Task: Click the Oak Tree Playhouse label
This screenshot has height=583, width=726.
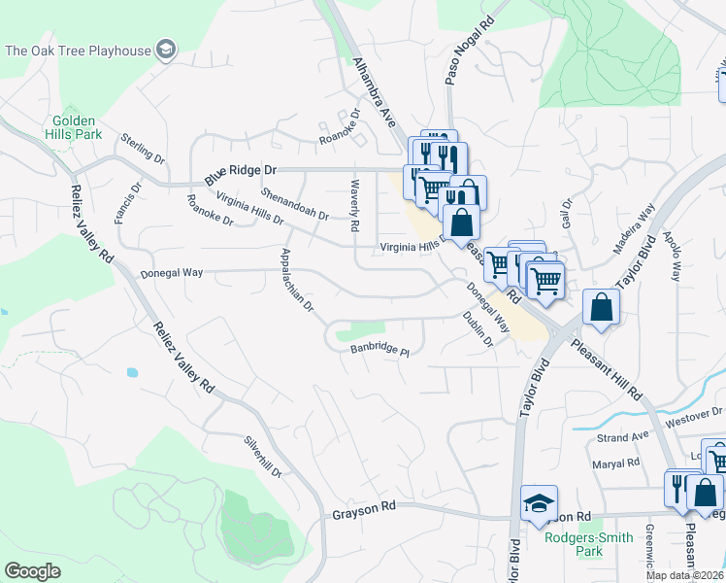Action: pyautogui.click(x=78, y=50)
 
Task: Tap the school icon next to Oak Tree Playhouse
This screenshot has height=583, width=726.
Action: pyautogui.click(x=166, y=50)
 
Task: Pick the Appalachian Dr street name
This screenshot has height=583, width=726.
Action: pyautogui.click(x=296, y=280)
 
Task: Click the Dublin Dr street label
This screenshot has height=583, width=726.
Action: pyautogui.click(x=478, y=329)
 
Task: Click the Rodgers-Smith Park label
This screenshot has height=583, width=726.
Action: pyautogui.click(x=588, y=544)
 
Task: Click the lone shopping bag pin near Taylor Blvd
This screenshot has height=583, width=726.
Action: pyautogui.click(x=602, y=308)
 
